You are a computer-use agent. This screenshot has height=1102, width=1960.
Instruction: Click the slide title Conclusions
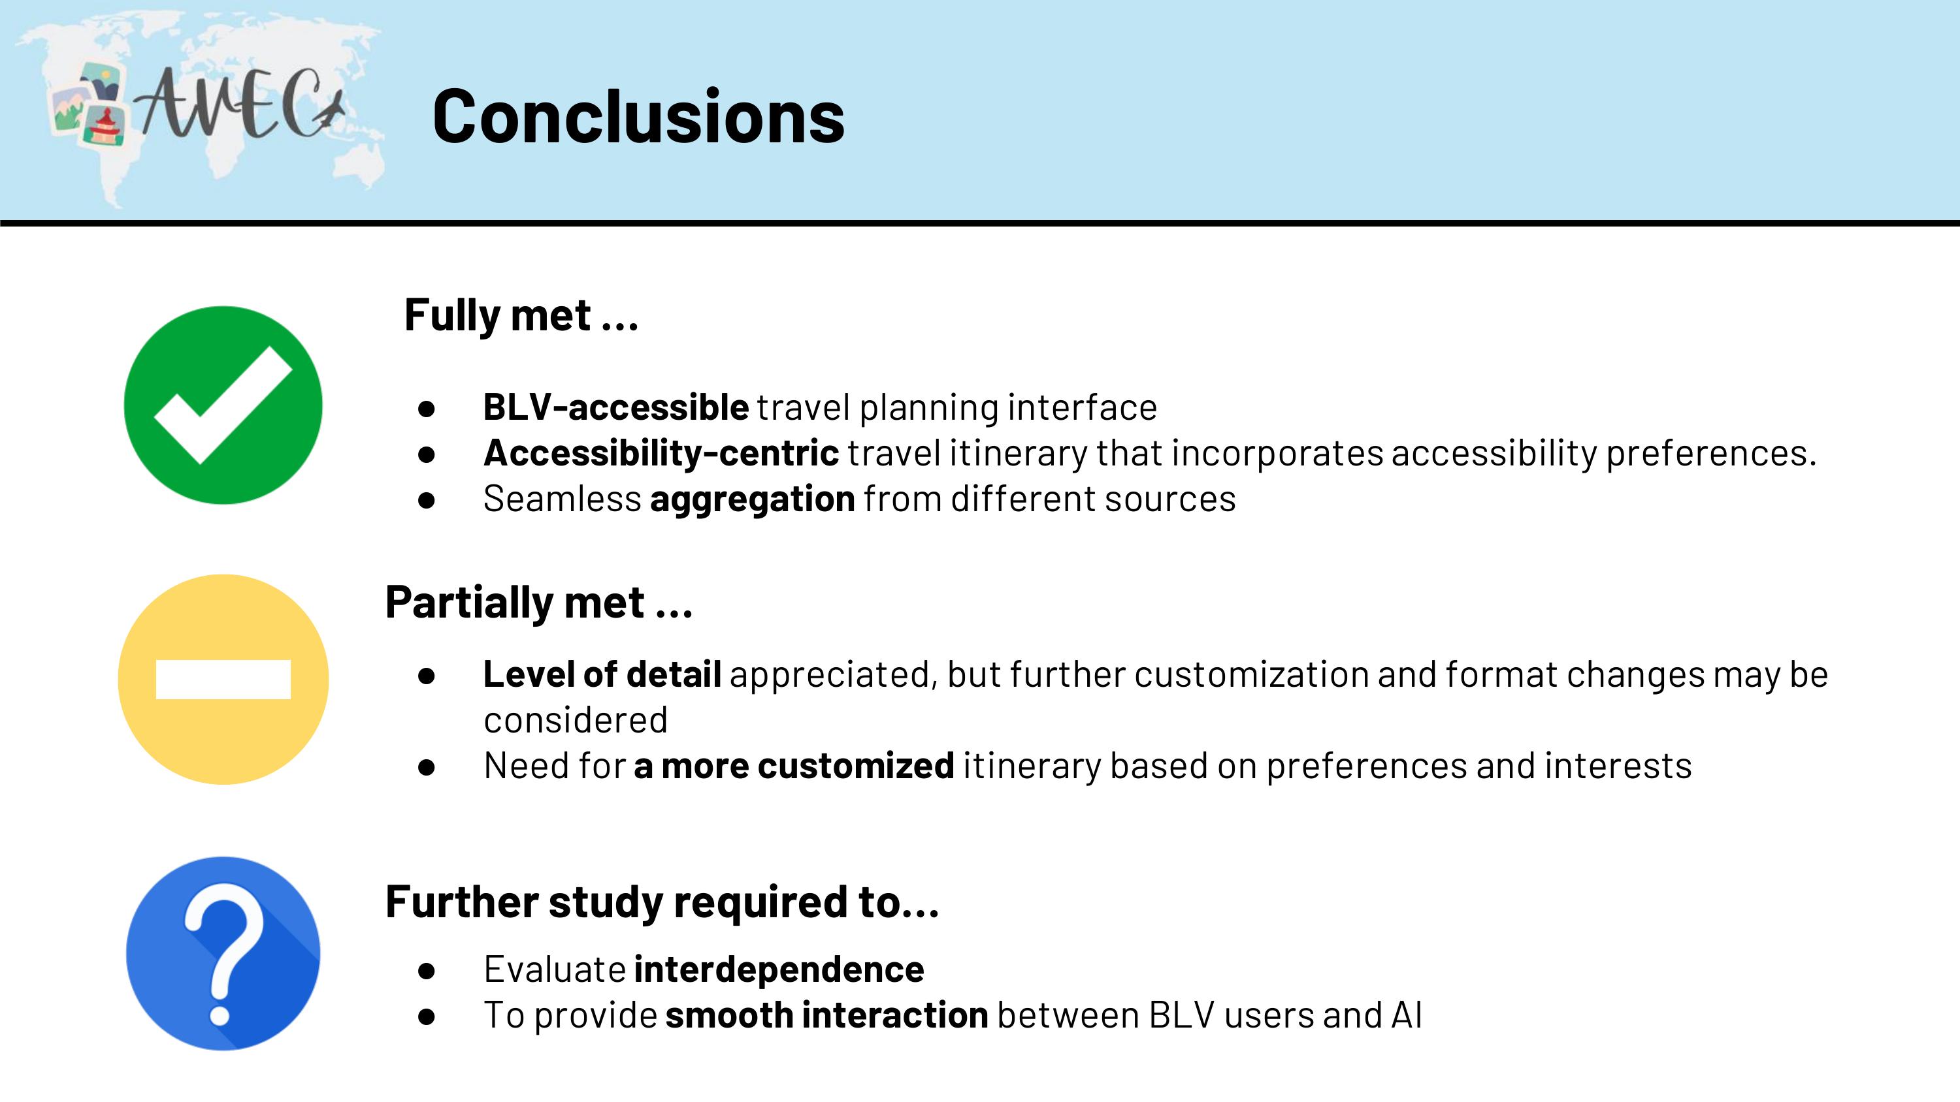click(638, 116)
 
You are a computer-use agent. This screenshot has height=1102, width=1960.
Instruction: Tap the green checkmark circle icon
click(223, 405)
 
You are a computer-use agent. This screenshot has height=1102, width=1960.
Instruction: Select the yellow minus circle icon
click(223, 679)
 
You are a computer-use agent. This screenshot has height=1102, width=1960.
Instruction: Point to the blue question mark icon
click(223, 954)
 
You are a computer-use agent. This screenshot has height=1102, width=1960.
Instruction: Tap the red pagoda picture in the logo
click(105, 126)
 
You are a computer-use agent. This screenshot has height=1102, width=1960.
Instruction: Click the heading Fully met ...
click(521, 315)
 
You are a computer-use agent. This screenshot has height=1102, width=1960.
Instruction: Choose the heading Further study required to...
click(662, 903)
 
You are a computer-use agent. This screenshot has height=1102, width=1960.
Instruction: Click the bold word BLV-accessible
click(615, 407)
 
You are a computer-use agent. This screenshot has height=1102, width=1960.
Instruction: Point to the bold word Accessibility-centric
click(661, 454)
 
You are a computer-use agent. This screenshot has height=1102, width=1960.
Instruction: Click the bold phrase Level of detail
click(602, 674)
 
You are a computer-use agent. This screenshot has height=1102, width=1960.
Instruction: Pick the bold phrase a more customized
click(794, 766)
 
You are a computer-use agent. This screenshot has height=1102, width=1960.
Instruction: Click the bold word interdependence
click(778, 969)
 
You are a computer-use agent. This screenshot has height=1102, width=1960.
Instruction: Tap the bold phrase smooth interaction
click(826, 1015)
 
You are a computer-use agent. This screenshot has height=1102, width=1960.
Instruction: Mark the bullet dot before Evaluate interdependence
click(426, 970)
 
